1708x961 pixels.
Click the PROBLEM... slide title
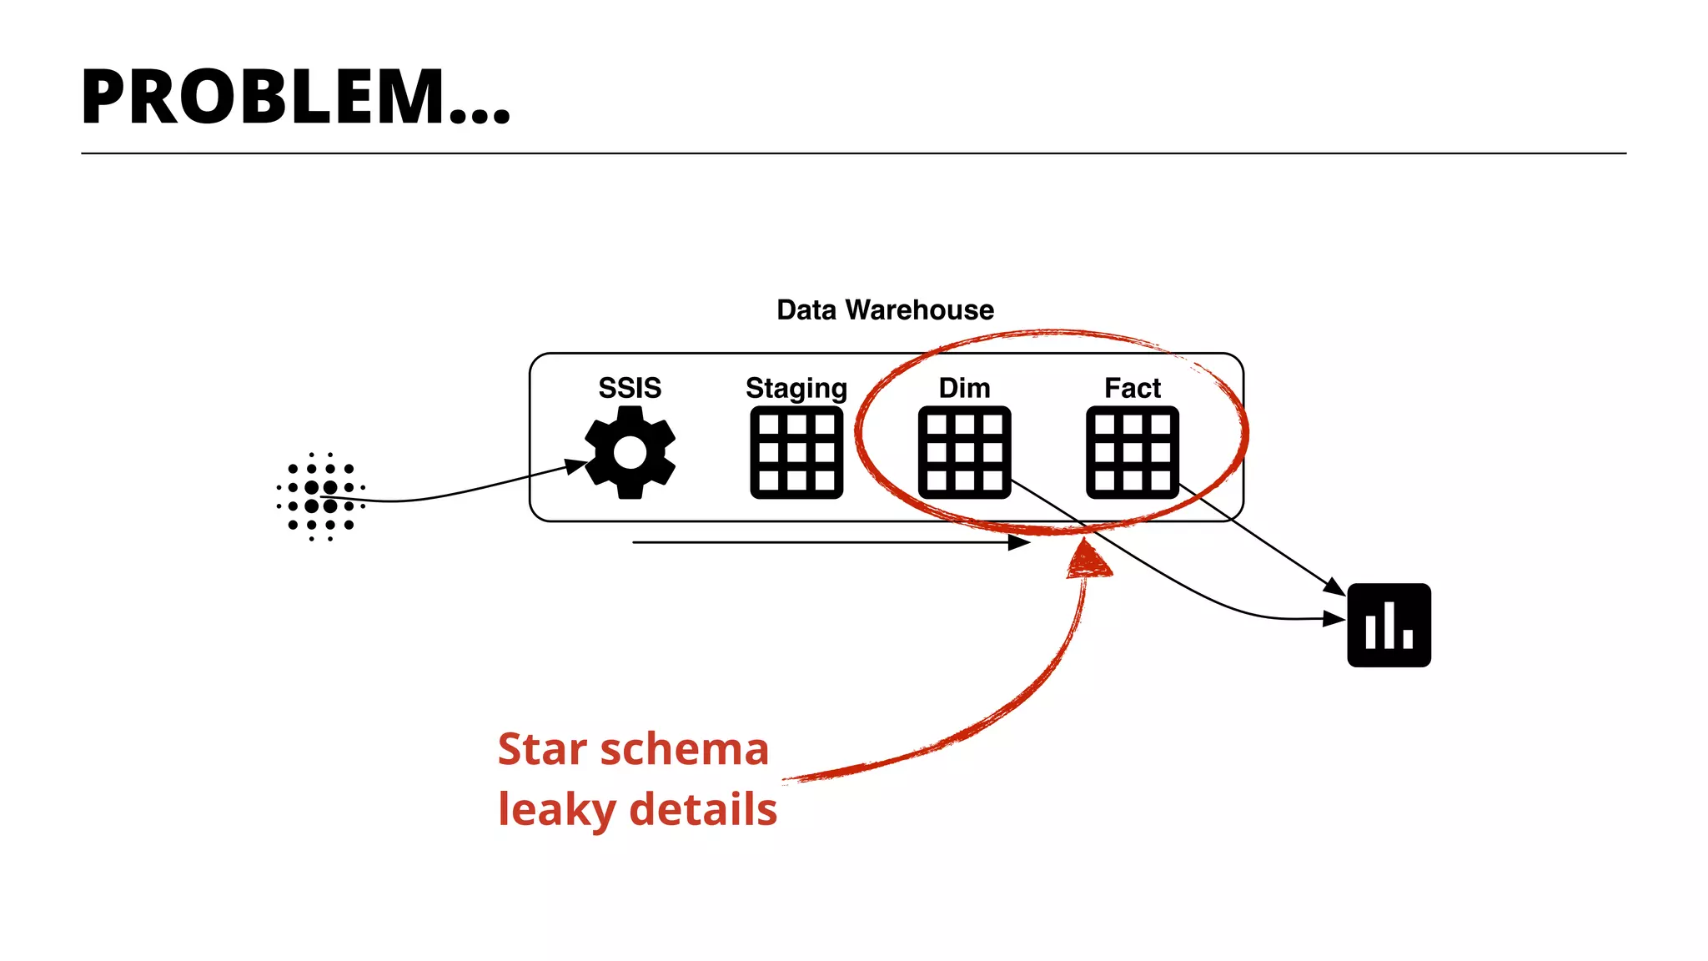[x=295, y=98]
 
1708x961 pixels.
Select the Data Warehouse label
[x=885, y=309]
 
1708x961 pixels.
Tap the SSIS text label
[x=630, y=388]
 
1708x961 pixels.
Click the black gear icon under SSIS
[x=630, y=453]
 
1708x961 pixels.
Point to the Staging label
[x=796, y=389]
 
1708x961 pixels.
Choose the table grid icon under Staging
[x=796, y=452]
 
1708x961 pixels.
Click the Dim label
[x=964, y=388]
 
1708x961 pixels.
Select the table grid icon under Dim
[x=964, y=452]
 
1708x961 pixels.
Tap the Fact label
[x=1132, y=388]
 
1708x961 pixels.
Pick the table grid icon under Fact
[x=1132, y=452]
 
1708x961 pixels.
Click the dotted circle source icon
[x=321, y=497]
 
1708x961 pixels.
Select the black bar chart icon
[x=1389, y=625]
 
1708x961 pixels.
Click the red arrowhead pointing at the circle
[x=1088, y=560]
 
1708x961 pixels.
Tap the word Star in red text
[x=542, y=749]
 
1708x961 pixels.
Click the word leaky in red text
[x=555, y=810]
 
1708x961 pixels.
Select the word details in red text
[x=703, y=810]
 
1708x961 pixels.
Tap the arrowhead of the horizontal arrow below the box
[x=1019, y=542]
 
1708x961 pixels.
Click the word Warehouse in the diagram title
[x=919, y=309]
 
